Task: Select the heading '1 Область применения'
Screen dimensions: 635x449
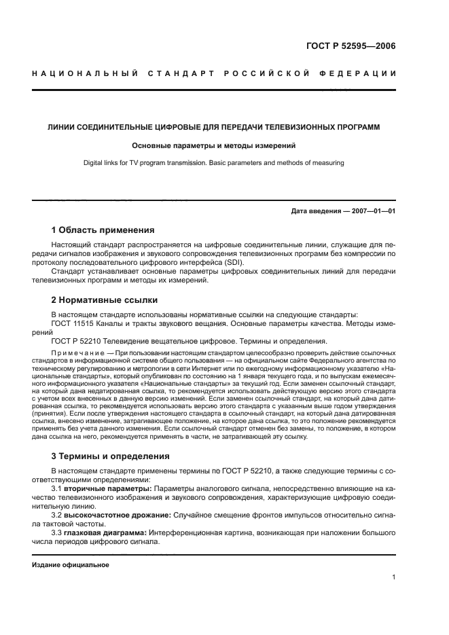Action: coord(103,230)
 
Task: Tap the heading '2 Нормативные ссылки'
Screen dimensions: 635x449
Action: coord(105,300)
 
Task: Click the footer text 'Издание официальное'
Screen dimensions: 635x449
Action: coord(71,565)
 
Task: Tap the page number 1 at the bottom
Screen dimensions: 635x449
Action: coord(394,577)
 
